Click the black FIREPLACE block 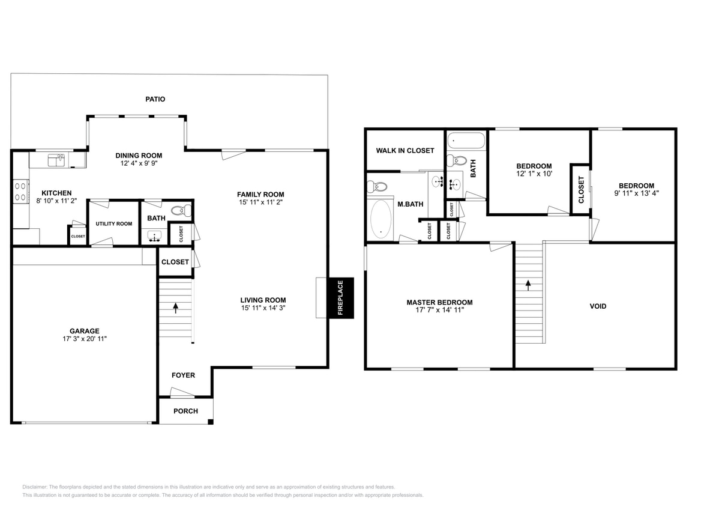[x=340, y=297]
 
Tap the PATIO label [x=155, y=99]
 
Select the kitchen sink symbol [x=56, y=160]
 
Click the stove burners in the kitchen [x=20, y=192]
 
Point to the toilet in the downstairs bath [x=182, y=210]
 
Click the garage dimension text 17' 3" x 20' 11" [x=84, y=339]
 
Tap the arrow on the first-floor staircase [x=176, y=308]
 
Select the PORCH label [x=185, y=411]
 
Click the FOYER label [x=183, y=375]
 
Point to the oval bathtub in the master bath [x=381, y=219]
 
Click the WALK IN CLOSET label [x=405, y=150]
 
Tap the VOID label [x=598, y=306]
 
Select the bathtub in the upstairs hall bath [x=466, y=141]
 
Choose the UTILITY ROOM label [x=113, y=224]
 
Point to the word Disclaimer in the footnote [x=35, y=487]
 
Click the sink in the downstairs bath [x=155, y=235]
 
